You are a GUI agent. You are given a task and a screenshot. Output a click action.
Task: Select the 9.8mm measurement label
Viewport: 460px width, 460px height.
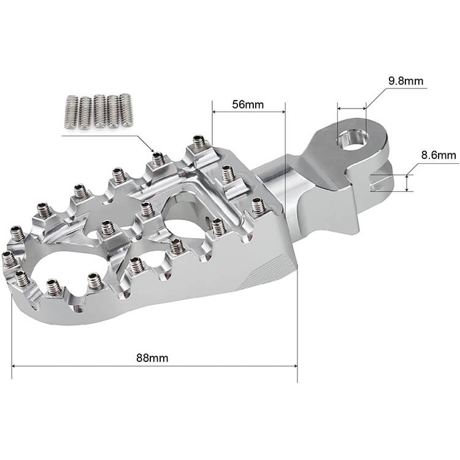click(x=405, y=80)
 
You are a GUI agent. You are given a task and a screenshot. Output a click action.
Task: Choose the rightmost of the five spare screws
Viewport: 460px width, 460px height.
click(x=126, y=110)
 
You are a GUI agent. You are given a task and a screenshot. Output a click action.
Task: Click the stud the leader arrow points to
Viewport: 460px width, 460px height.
click(x=158, y=159)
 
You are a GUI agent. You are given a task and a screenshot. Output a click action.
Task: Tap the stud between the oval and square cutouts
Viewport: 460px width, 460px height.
click(x=108, y=228)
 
